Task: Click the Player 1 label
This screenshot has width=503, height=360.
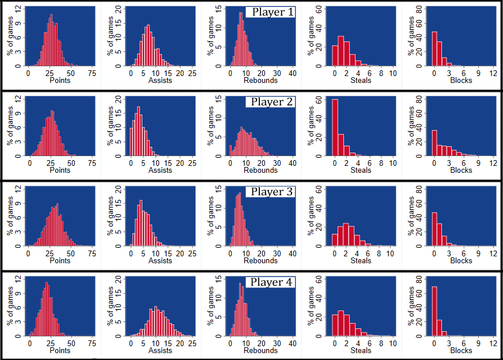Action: [x=270, y=12]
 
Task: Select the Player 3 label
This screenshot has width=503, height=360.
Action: [x=270, y=192]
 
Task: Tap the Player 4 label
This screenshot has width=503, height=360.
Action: [x=270, y=282]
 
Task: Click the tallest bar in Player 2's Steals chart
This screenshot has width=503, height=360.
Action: [x=335, y=127]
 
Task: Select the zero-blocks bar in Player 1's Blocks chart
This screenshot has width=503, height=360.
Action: [x=434, y=49]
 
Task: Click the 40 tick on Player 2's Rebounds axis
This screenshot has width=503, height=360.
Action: [x=292, y=164]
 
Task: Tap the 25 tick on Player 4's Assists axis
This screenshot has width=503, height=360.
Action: [x=192, y=343]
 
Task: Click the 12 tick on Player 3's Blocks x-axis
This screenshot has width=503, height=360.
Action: [x=493, y=253]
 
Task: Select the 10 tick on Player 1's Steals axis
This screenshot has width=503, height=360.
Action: [x=392, y=74]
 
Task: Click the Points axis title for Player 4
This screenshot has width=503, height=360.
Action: [x=60, y=350]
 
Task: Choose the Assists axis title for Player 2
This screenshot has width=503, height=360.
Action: [x=160, y=170]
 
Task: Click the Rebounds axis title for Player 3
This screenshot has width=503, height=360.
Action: [x=260, y=260]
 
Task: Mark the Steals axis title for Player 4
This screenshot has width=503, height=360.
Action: [x=361, y=350]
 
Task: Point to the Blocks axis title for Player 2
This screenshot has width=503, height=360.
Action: [x=461, y=170]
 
